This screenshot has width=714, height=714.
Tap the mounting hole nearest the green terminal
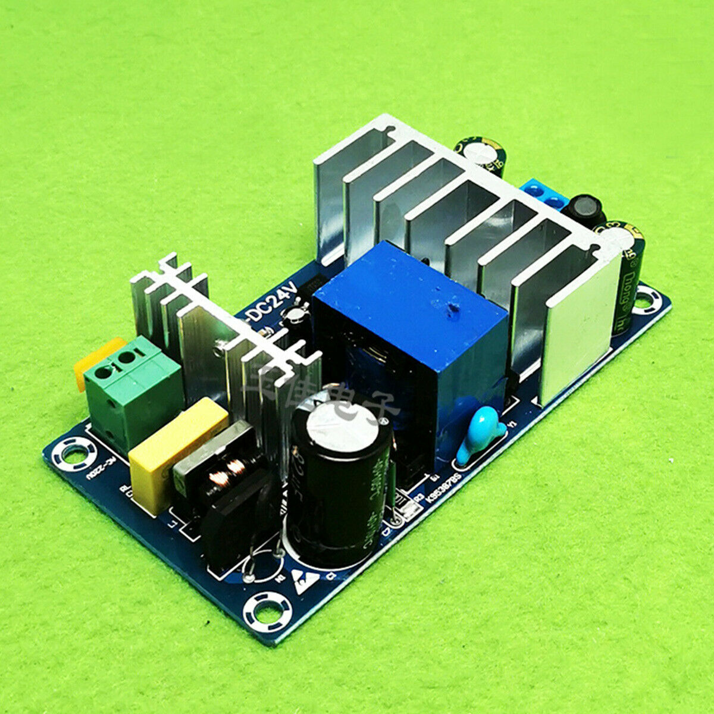(70, 454)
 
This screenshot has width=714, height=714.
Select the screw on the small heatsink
(222, 344)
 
